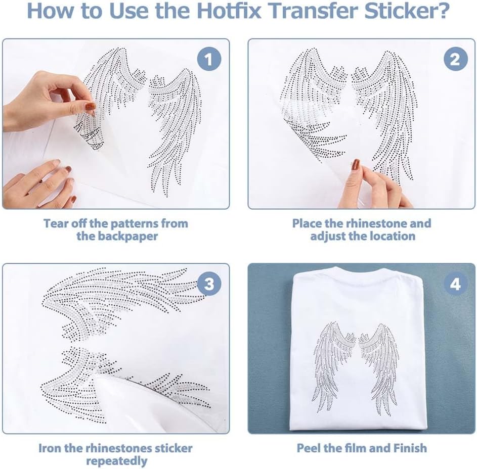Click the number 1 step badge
pos(209,59)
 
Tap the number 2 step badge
pos(455,59)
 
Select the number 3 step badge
pos(209,284)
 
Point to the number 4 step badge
pos(455,284)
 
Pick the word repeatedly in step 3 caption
pos(117,461)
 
